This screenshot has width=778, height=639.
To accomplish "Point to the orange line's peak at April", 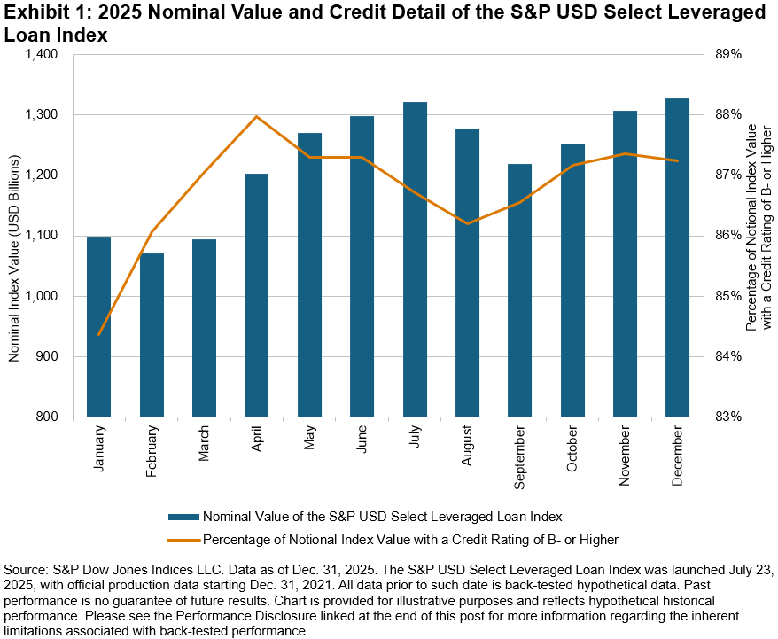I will (x=256, y=116).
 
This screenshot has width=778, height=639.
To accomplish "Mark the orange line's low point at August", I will (x=467, y=223).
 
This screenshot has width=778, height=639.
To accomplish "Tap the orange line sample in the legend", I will (x=183, y=538).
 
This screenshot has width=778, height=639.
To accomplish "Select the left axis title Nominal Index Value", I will (x=15, y=235).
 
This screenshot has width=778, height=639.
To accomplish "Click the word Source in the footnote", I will (x=26, y=567).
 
